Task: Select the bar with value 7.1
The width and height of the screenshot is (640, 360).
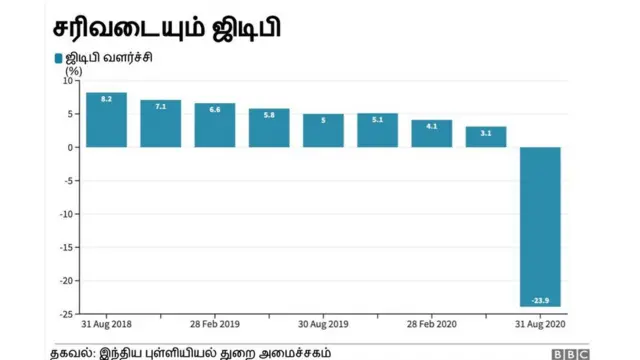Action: pyautogui.click(x=160, y=123)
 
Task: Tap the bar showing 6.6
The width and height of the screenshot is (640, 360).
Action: pyautogui.click(x=215, y=125)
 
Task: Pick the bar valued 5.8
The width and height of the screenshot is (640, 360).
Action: pyautogui.click(x=269, y=128)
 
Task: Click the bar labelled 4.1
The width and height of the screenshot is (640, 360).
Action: pyautogui.click(x=432, y=133)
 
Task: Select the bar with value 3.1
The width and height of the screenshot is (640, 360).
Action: pyautogui.click(x=486, y=137)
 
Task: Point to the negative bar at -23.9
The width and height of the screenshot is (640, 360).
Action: pyautogui.click(x=540, y=226)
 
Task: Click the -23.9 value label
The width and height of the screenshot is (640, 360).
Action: pyautogui.click(x=540, y=300)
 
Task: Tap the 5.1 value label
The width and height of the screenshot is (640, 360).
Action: pyautogui.click(x=377, y=120)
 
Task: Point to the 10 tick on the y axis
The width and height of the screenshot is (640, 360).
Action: pyautogui.click(x=71, y=81)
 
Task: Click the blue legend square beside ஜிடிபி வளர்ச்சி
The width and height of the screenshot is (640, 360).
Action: pyautogui.click(x=58, y=58)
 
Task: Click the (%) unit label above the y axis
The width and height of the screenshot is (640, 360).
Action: pyautogui.click(x=73, y=70)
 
